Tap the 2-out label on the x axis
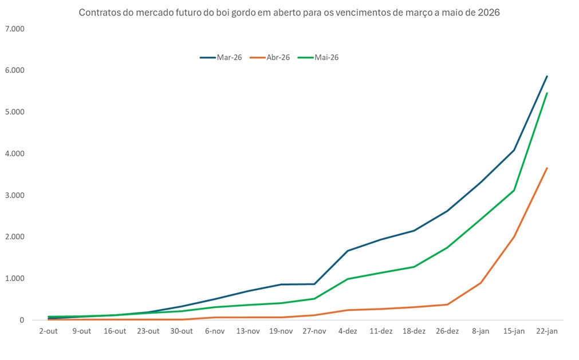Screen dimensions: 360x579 48,331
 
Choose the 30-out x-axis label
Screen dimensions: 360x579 181,331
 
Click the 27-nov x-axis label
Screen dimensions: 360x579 314,331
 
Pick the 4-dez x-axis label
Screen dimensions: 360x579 348,331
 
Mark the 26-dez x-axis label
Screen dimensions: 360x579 447,331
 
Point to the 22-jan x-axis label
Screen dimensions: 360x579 547,331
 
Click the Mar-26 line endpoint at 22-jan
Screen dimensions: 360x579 547,76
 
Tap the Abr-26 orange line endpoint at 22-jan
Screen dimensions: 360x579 547,168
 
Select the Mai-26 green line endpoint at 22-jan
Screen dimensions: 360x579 547,93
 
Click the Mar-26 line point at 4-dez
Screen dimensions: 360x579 348,251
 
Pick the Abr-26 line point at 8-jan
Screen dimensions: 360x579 480,283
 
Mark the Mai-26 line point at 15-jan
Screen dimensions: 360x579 514,191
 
